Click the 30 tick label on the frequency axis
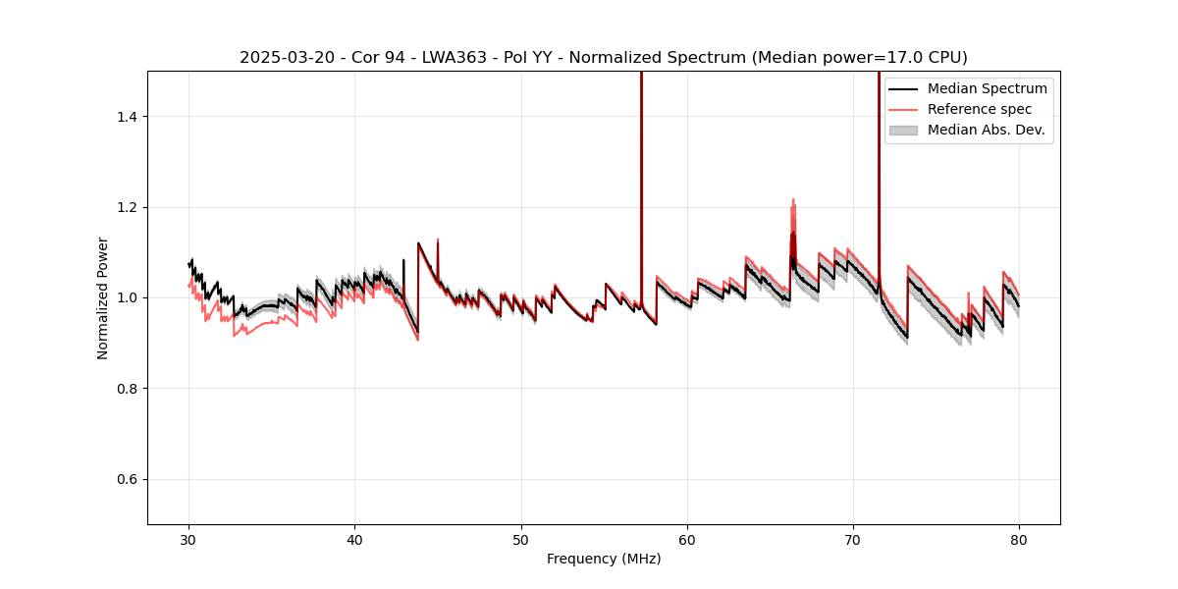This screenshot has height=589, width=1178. [x=189, y=539]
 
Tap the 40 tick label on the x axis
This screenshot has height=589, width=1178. [x=355, y=539]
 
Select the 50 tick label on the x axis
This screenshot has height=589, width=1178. [x=521, y=539]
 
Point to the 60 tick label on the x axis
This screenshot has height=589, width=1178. [x=687, y=539]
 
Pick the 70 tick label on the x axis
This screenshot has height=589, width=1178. [x=853, y=539]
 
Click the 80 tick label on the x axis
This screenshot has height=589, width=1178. [x=1019, y=539]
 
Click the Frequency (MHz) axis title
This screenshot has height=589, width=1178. [x=604, y=559]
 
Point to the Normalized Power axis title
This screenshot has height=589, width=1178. [x=103, y=297]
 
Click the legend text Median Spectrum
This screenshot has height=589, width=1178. [x=987, y=88]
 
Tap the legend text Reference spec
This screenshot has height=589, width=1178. [x=980, y=109]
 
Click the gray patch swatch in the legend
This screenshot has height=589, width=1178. [x=903, y=130]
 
